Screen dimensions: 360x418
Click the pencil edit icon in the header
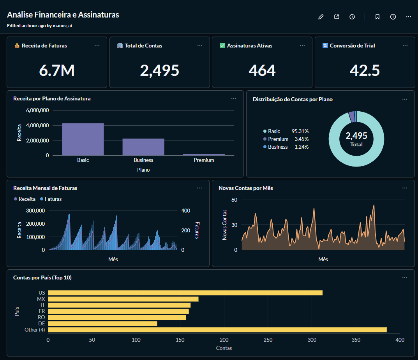(321, 17)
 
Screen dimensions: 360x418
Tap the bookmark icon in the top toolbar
(377, 17)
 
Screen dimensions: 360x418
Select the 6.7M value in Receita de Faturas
(57, 70)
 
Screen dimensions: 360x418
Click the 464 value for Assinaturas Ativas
(262, 70)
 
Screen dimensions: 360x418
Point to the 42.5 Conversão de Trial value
(365, 70)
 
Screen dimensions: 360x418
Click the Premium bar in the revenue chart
(204, 155)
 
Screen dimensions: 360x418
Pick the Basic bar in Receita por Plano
(83, 139)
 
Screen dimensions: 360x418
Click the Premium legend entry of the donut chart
(278, 139)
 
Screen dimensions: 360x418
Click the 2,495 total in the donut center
(356, 136)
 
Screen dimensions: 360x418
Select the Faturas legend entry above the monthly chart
(53, 199)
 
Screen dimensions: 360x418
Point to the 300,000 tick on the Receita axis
(35, 211)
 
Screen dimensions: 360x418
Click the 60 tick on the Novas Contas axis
(234, 200)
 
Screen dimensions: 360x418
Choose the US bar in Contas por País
(185, 293)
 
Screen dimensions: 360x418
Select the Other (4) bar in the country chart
(217, 330)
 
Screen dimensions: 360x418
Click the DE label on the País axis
(42, 324)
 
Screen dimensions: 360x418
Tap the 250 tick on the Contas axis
(268, 340)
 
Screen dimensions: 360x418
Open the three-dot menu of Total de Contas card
(199, 46)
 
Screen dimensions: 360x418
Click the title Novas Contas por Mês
(246, 188)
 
